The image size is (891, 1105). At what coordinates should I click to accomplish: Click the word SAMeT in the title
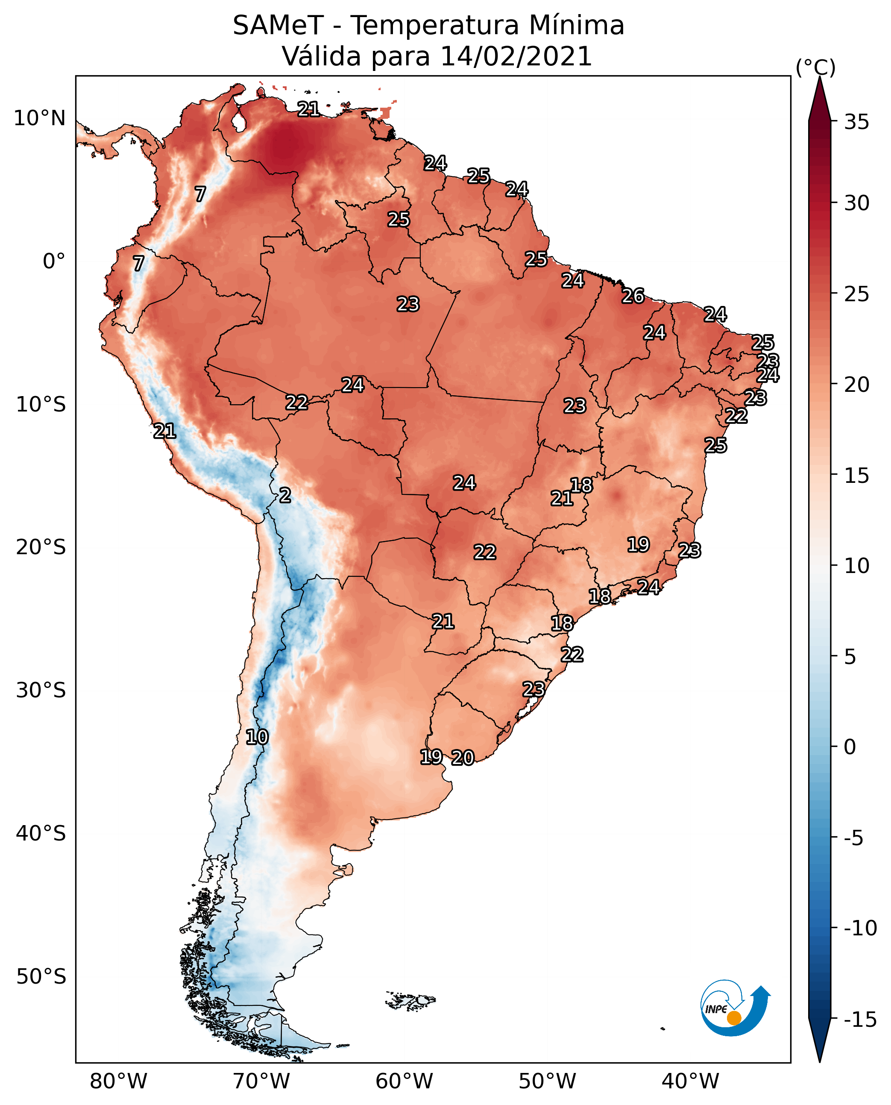pyautogui.click(x=278, y=26)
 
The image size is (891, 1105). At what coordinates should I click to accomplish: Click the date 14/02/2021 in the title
pyautogui.click(x=516, y=56)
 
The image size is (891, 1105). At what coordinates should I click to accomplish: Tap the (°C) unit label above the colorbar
pyautogui.click(x=815, y=67)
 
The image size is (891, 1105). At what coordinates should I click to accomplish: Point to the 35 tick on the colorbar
pyautogui.click(x=856, y=122)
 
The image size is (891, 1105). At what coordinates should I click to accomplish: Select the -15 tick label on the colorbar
pyautogui.click(x=860, y=1020)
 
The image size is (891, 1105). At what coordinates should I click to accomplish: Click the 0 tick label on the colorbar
pyautogui.click(x=850, y=747)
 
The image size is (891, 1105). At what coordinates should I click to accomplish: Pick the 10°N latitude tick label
pyautogui.click(x=40, y=119)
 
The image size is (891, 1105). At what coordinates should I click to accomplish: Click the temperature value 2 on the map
pyautogui.click(x=285, y=496)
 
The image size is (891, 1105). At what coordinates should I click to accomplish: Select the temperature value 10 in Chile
pyautogui.click(x=257, y=738)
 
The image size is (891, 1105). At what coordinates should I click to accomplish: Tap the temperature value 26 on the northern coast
pyautogui.click(x=633, y=296)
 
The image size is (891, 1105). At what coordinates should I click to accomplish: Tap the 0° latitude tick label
pyautogui.click(x=54, y=262)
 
